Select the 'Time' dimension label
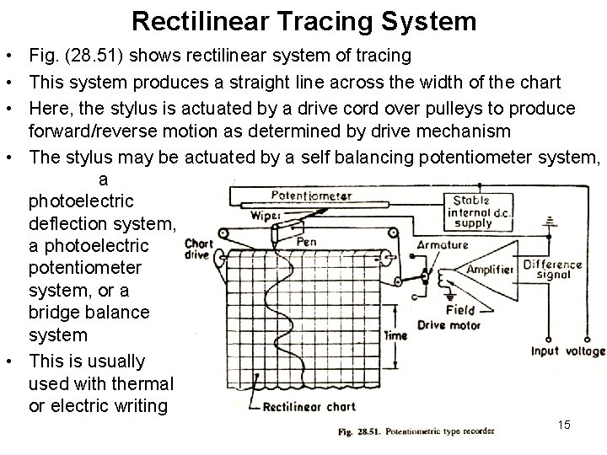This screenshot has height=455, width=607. coord(395,335)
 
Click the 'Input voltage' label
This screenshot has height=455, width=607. coord(568,351)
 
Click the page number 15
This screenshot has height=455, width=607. coord(564,425)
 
